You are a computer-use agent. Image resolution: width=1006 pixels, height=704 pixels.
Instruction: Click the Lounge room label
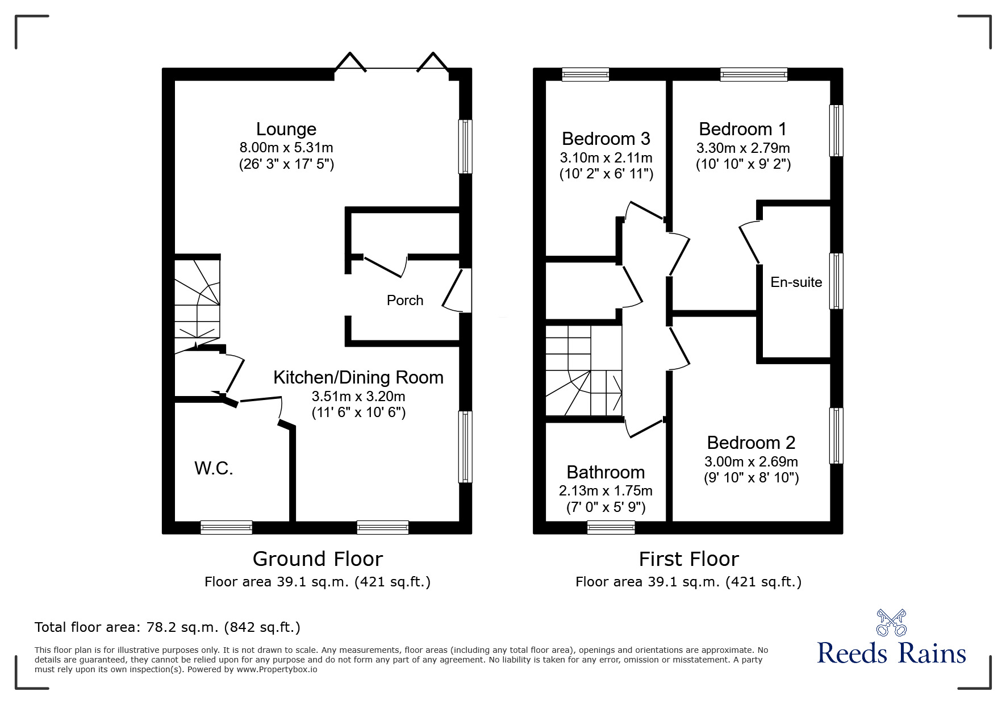286,130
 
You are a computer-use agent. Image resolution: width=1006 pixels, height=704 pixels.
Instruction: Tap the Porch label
404,300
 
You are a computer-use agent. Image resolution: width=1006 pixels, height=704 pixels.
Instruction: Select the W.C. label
214,468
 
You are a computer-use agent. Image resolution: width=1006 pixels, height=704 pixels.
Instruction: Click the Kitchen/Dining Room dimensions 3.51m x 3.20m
358,396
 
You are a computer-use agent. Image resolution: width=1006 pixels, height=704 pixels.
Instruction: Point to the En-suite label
796,282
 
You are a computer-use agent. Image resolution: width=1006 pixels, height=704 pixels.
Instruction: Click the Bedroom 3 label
606,139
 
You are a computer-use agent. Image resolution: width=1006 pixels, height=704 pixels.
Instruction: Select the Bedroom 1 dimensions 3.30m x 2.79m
742,148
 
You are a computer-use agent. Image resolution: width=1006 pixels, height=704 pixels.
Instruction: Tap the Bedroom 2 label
751,443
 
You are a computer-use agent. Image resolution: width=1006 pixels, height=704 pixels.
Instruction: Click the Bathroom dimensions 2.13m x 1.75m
606,490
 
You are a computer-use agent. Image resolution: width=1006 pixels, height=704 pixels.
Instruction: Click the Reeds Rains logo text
891,653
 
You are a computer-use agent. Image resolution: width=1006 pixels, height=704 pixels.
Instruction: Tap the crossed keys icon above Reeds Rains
891,622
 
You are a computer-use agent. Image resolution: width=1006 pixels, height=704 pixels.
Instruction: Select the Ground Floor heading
318,559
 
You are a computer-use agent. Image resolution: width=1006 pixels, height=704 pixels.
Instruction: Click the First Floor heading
688,559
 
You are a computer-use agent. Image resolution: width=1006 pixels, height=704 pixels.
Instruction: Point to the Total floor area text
168,627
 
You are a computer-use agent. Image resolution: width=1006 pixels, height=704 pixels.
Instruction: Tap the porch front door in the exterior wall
459,290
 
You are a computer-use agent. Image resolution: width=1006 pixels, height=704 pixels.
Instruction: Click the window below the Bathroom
611,528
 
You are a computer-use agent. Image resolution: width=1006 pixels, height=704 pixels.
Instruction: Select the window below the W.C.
226,528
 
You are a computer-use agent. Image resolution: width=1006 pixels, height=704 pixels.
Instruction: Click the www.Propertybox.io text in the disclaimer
277,669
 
